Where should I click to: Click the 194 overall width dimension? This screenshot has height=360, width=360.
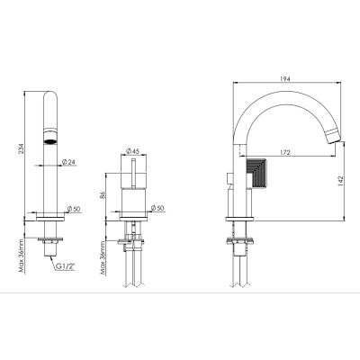tap(285, 79)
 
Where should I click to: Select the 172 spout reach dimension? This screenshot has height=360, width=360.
tap(285, 152)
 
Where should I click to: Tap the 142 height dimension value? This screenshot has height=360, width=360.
tap(340, 181)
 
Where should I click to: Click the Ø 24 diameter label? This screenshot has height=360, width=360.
tap(68, 162)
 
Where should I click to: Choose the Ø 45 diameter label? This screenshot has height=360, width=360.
tap(133, 150)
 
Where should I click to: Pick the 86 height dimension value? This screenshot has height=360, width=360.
tap(103, 195)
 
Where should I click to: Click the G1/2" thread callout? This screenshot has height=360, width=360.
tap(65, 266)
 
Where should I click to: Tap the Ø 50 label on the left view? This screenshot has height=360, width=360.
tap(74, 209)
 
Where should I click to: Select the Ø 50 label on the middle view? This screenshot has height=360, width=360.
tap(157, 208)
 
